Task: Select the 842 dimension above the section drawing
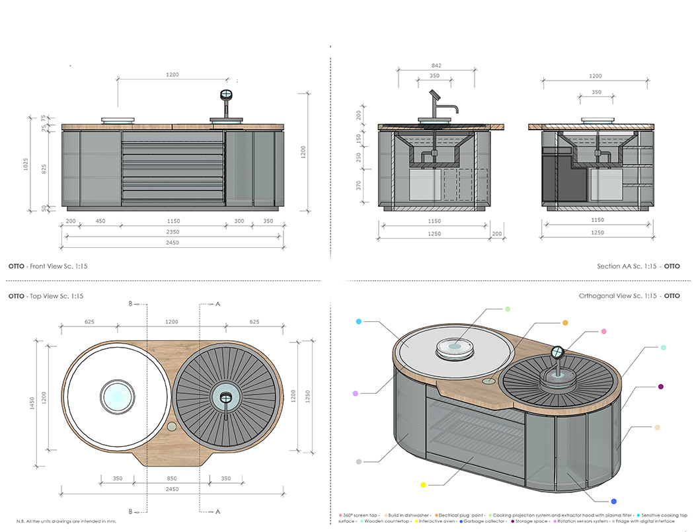435,65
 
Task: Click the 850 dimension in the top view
172,478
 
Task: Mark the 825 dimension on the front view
44,169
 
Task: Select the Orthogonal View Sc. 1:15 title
628,296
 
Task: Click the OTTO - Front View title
47,266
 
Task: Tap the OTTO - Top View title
45,296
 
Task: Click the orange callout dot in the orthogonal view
565,323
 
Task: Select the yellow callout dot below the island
423,485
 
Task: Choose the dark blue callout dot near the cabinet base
613,501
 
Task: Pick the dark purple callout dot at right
660,387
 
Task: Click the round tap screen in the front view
227,95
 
